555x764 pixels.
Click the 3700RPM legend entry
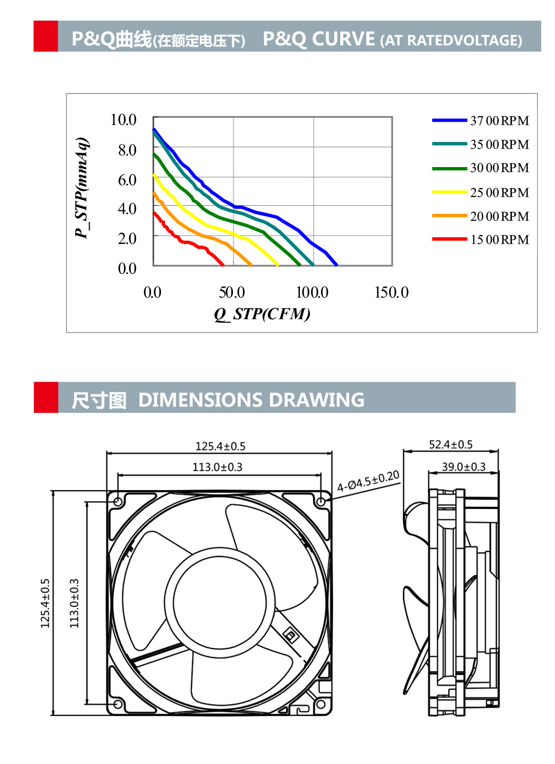pos(480,121)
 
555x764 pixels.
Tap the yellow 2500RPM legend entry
pos(480,193)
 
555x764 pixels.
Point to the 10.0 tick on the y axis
pos(123,120)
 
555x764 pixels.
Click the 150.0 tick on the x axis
pos(391,292)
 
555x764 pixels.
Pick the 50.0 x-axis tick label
pos(232,292)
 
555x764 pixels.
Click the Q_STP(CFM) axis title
pos(262,314)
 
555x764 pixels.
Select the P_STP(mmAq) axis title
pos(82,188)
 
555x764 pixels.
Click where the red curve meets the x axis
pos(223,265)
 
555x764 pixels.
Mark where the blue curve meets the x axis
pos(336,265)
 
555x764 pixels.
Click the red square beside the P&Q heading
pos(46,37)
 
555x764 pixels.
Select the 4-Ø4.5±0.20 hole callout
pos(368,481)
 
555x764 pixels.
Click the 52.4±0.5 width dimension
pos(450,445)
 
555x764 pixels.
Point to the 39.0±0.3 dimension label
pos(464,467)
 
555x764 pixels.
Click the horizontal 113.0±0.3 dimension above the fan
pos(217,467)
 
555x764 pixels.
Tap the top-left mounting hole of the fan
pos(118,502)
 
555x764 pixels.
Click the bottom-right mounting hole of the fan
pos(320,704)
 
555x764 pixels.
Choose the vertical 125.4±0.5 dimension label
pos(45,603)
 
